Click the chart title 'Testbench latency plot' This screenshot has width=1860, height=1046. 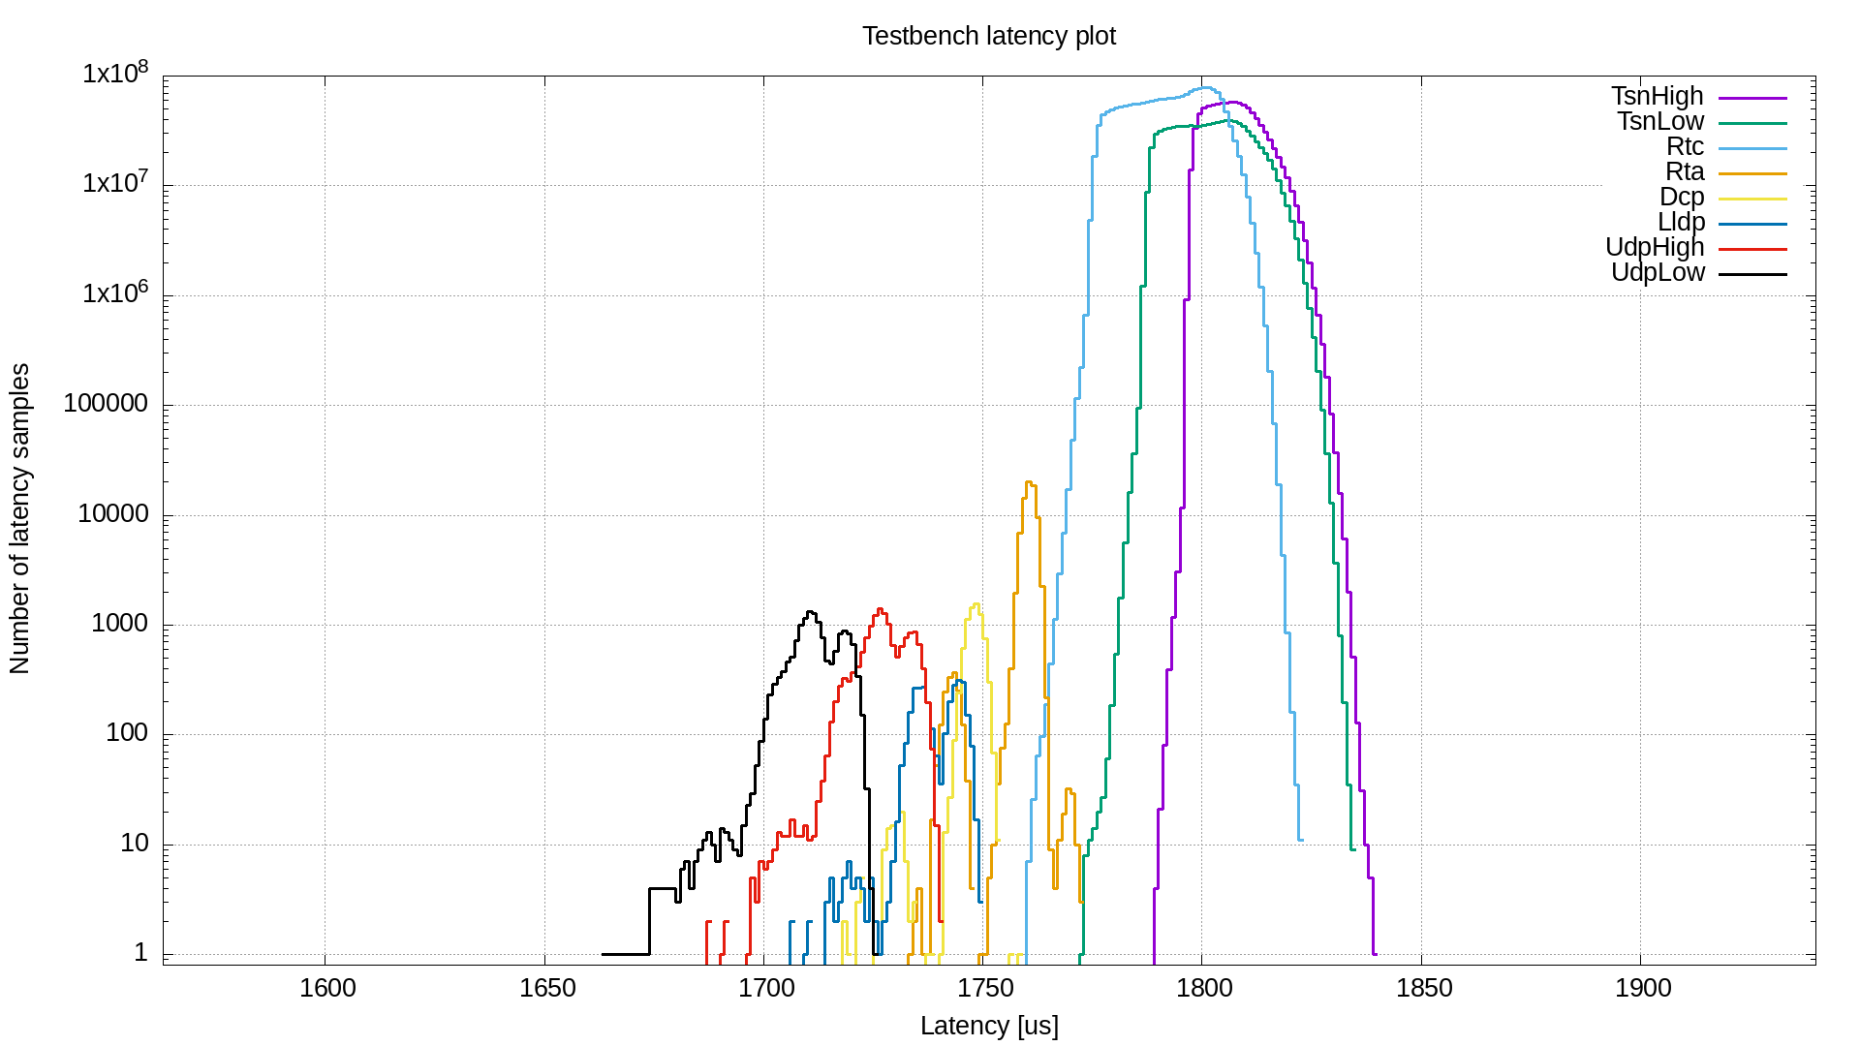click(x=988, y=36)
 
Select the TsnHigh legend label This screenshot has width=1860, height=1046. click(x=1657, y=96)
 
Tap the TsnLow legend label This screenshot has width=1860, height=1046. click(x=1659, y=121)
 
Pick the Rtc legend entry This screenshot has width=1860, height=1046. click(x=1685, y=146)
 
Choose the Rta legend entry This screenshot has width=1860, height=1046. click(x=1685, y=171)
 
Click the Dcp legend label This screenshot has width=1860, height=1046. click(x=1682, y=197)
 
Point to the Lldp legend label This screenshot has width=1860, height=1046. click(x=1681, y=222)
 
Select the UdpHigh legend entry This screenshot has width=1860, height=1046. click(x=1655, y=247)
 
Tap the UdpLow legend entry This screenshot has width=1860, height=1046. click(x=1658, y=272)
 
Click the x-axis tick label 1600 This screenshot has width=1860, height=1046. click(x=327, y=988)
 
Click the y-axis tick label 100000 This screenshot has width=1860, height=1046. click(x=106, y=404)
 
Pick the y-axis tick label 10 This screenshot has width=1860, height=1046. click(x=134, y=844)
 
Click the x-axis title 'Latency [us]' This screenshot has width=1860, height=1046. click(x=988, y=1026)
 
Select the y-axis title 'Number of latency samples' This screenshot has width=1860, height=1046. click(x=19, y=518)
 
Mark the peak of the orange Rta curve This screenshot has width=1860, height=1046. click(x=1029, y=482)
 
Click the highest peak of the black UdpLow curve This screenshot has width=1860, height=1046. click(x=810, y=612)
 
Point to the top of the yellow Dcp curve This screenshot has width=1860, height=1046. click(x=976, y=604)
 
